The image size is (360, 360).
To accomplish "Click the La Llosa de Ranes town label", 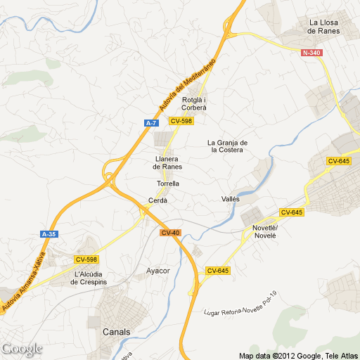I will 323,27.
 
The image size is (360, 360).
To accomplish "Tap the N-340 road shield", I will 311,53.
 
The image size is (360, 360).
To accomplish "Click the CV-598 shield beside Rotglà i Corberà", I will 181,121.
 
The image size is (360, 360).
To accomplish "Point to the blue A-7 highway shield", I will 150,123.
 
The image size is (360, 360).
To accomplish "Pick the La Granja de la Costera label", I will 225,146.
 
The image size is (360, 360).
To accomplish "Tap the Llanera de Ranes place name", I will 168,162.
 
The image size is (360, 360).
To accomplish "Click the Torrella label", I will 168,184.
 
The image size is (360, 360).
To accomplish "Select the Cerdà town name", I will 157,200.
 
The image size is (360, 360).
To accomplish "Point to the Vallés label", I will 231,199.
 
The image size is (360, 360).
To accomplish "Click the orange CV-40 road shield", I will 171,233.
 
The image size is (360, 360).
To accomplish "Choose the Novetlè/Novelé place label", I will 265,231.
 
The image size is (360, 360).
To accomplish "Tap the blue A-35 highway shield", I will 49,234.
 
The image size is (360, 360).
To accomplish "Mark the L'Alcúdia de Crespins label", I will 93,278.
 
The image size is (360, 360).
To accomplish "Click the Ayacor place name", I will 158,271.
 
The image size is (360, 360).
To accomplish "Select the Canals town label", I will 116,331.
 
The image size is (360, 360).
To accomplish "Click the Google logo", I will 22,348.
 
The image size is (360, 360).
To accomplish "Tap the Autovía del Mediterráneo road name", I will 186,85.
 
